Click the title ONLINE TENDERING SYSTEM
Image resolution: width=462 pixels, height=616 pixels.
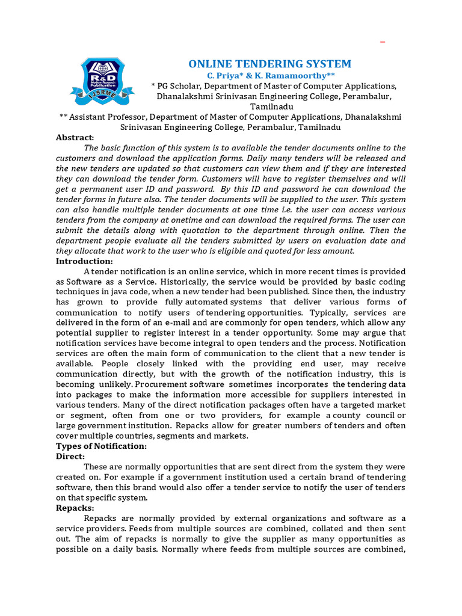point(270,64)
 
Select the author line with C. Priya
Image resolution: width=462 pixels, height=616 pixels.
point(270,76)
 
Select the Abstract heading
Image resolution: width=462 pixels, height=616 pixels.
point(75,137)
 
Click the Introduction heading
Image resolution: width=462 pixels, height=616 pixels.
point(84,261)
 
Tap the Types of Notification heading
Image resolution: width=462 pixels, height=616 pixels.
point(101,446)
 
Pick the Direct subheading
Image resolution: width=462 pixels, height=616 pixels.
point(70,457)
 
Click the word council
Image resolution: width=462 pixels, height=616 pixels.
point(375,415)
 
